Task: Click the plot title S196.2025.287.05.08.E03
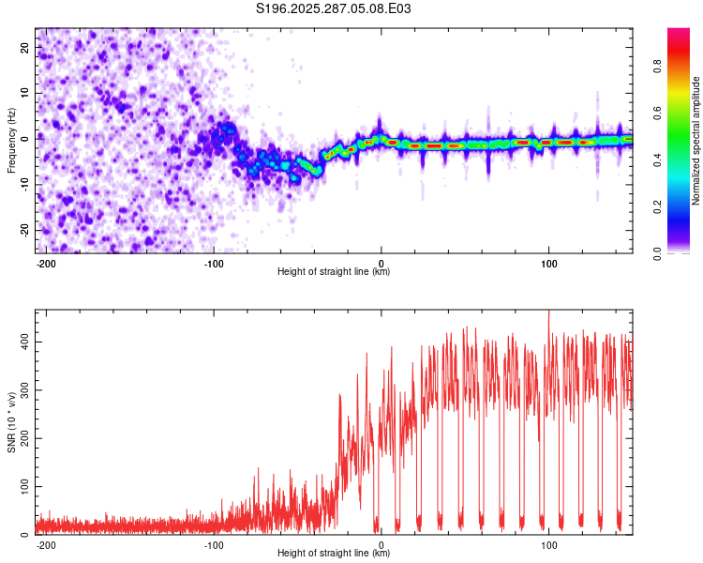click(x=333, y=8)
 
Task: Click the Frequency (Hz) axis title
click(x=11, y=141)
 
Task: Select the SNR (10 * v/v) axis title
click(x=11, y=422)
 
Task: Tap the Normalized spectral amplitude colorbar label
click(x=696, y=141)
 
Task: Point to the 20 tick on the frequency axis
click(x=24, y=47)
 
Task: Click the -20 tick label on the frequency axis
click(x=24, y=230)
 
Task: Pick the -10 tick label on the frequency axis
click(x=24, y=185)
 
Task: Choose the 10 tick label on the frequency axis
click(x=24, y=93)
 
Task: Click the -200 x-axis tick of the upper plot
click(x=45, y=264)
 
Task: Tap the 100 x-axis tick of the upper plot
click(x=548, y=264)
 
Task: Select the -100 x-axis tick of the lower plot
click(x=214, y=545)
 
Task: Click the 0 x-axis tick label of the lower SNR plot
click(x=381, y=545)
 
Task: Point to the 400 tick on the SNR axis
click(x=24, y=342)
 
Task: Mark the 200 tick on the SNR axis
click(x=24, y=438)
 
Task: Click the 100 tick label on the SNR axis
click(x=24, y=486)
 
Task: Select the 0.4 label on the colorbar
click(x=658, y=160)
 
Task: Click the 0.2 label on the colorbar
click(x=658, y=206)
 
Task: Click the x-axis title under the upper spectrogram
click(x=334, y=271)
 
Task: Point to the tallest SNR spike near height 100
click(x=548, y=312)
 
